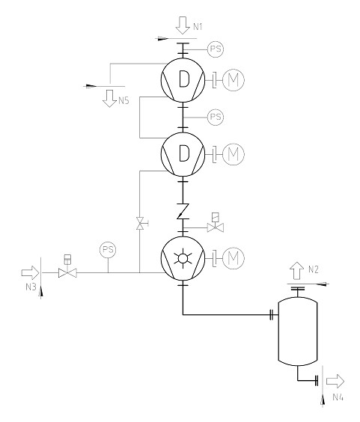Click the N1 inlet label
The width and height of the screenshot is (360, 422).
click(198, 27)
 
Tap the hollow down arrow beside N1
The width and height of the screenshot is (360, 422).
click(183, 25)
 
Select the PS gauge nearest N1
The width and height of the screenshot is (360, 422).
click(216, 49)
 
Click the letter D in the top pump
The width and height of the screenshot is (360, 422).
click(184, 79)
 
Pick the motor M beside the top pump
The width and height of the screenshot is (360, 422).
click(234, 80)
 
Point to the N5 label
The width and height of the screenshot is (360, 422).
click(123, 101)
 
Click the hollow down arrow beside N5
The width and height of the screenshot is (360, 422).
click(109, 99)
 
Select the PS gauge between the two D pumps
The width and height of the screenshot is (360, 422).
click(216, 117)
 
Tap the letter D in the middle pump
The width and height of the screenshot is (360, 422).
click(184, 153)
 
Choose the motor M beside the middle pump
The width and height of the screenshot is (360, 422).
click(234, 154)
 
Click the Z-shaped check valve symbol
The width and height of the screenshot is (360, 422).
click(183, 211)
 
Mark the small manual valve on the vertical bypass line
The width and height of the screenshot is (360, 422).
click(141, 224)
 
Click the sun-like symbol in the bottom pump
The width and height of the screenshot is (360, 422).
click(183, 258)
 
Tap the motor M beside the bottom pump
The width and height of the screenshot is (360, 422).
click(234, 258)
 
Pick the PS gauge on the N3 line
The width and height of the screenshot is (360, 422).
click(108, 250)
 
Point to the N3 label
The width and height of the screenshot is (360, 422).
click(31, 287)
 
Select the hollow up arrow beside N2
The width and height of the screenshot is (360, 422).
click(297, 270)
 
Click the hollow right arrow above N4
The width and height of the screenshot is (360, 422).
click(335, 381)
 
